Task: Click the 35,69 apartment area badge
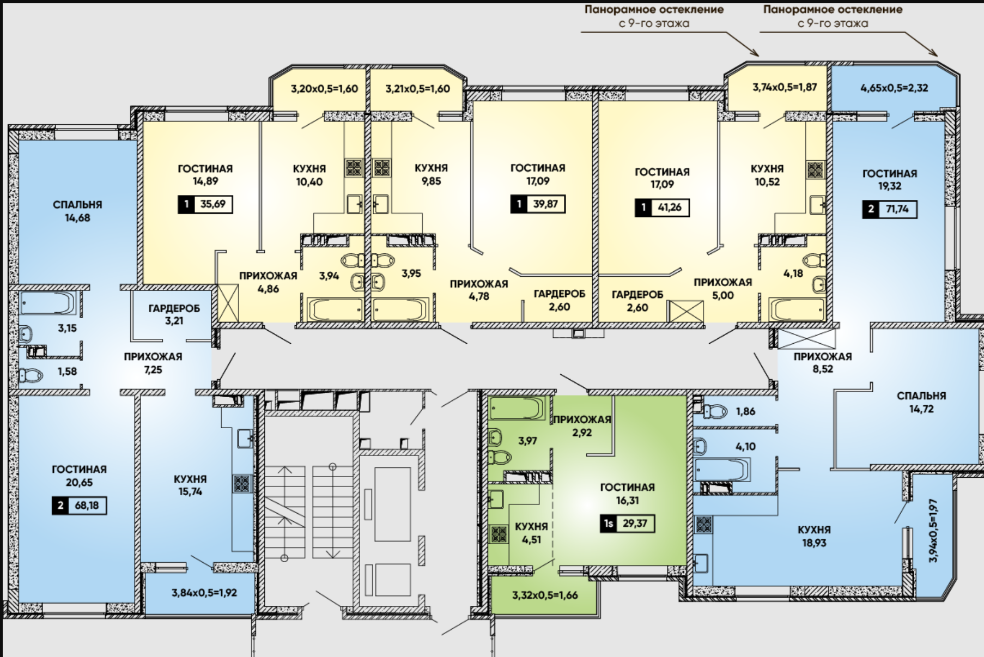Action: coord(205,204)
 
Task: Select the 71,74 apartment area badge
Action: coord(889,209)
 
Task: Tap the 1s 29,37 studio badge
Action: coord(627,524)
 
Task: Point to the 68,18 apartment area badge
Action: coord(80,506)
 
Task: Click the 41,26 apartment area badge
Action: coord(662,208)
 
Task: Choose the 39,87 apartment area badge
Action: coord(538,204)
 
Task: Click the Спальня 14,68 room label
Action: coord(77,211)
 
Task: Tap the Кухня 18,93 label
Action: coord(814,536)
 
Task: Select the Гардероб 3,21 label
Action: coord(174,314)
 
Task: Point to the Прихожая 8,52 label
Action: coord(822,363)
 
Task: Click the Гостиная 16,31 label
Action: coord(627,494)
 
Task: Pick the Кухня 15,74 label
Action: coord(190,485)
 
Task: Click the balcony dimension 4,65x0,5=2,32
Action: coord(894,88)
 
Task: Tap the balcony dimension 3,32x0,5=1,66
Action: coord(545,595)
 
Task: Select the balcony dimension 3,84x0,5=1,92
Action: coord(204,592)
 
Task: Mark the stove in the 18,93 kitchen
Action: coord(703,525)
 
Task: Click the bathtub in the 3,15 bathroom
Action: coord(48,303)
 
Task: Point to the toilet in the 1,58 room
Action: coord(32,375)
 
